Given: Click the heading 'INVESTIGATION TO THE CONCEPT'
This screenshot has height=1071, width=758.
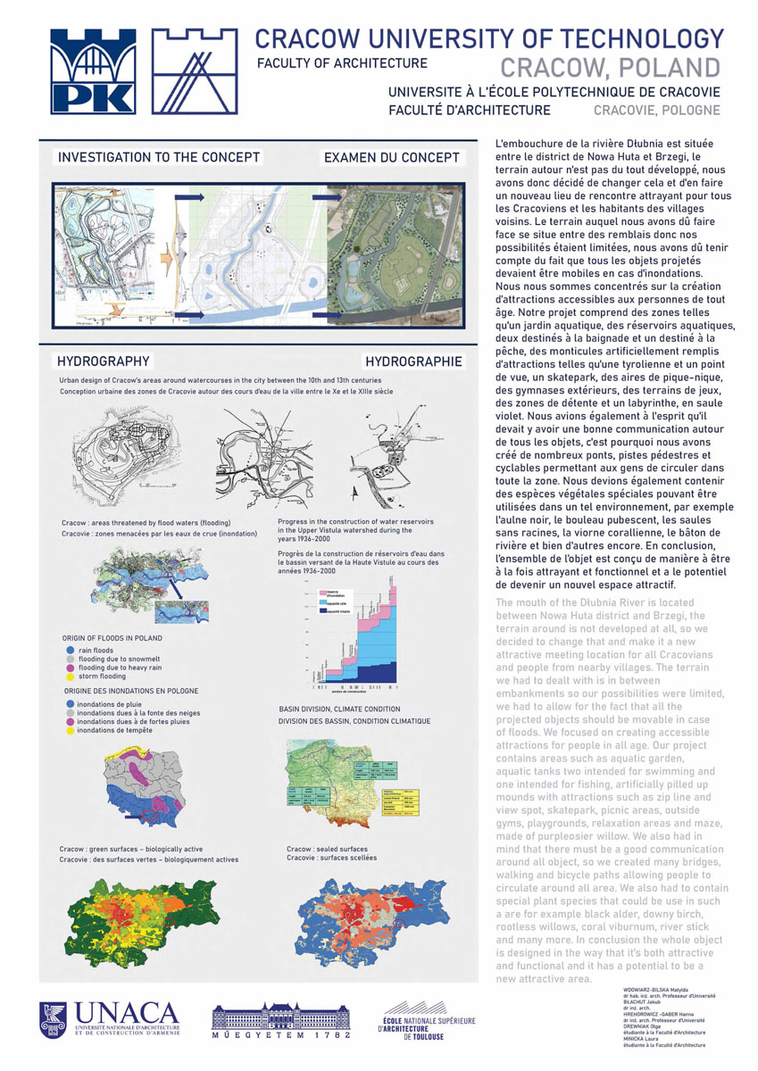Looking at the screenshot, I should [159, 157].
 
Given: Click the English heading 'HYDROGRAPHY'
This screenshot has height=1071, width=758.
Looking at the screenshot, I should [103, 361].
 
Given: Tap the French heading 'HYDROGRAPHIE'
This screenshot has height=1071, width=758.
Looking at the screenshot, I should [414, 361].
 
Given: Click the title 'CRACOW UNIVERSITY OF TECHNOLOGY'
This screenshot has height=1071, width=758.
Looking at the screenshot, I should [489, 39].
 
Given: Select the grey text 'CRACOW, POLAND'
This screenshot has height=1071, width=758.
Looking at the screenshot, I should [610, 68].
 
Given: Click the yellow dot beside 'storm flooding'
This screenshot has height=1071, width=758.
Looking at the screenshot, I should [71, 677].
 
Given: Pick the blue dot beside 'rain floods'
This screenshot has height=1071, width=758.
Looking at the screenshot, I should [71, 651].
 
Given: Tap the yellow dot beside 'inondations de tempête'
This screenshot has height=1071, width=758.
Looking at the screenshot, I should [71, 730].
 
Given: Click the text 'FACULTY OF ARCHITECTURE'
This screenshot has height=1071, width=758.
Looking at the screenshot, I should [342, 63].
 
